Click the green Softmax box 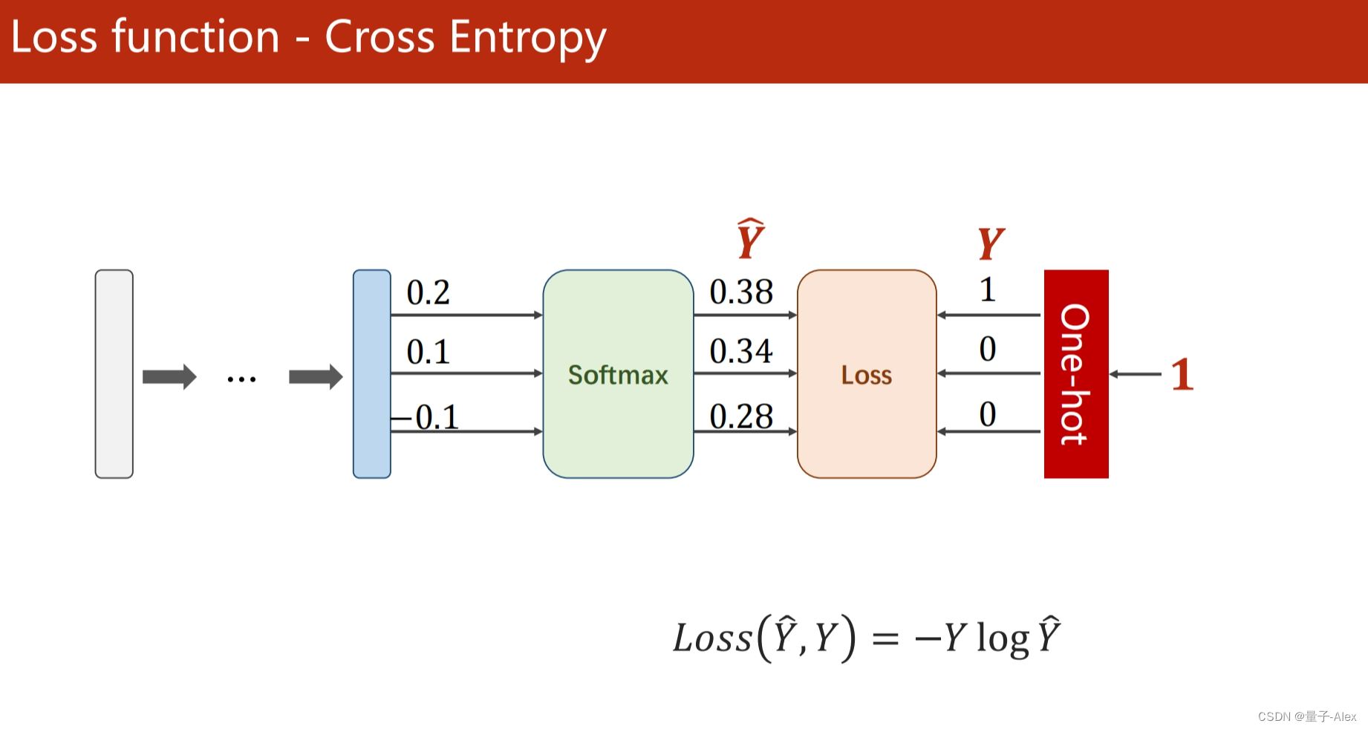click(x=618, y=374)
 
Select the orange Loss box click(x=867, y=374)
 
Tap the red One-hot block click(x=1076, y=374)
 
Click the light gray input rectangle click(x=114, y=374)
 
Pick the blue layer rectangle click(x=372, y=374)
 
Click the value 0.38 click(x=741, y=292)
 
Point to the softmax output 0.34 click(x=741, y=351)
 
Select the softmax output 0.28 click(x=741, y=416)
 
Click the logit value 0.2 click(x=429, y=292)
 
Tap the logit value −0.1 click(x=426, y=417)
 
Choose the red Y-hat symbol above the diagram click(x=751, y=238)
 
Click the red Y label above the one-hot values click(x=991, y=243)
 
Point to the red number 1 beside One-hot click(x=1182, y=374)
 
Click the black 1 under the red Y click(x=988, y=290)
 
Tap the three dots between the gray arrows click(x=241, y=379)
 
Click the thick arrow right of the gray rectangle click(x=169, y=377)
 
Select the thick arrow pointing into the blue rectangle click(x=316, y=377)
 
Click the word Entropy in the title click(x=528, y=38)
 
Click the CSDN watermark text click(x=1307, y=716)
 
